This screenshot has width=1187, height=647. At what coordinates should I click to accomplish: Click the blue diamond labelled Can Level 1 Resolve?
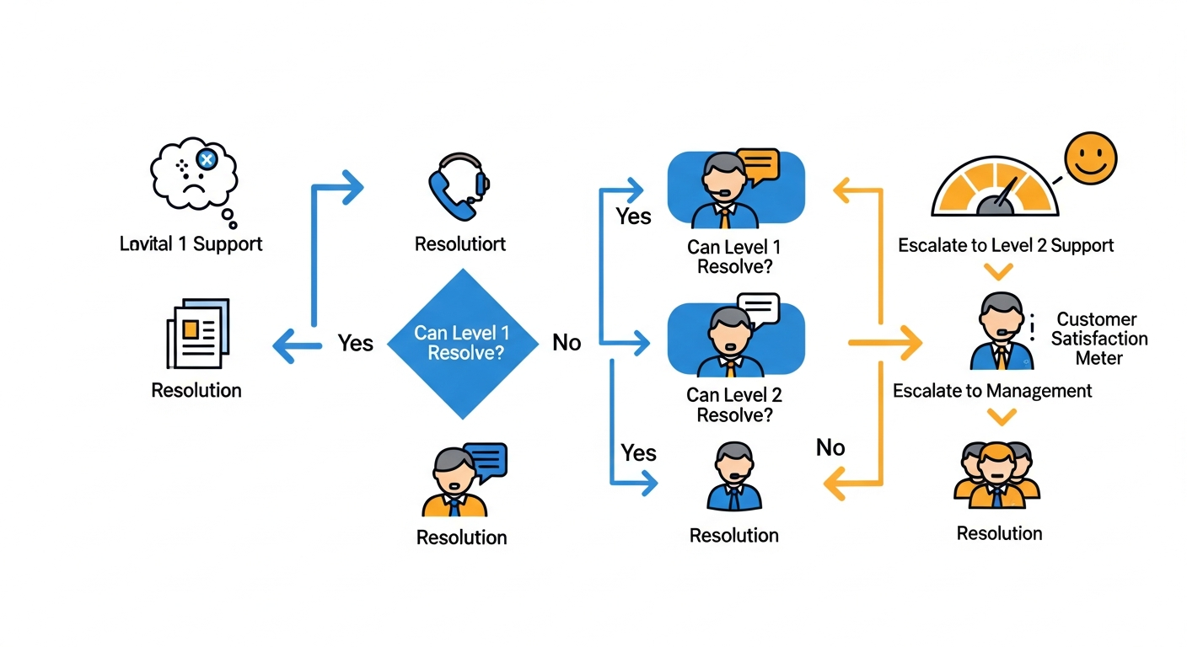click(x=462, y=343)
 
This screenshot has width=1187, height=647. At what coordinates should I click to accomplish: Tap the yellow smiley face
click(x=1090, y=159)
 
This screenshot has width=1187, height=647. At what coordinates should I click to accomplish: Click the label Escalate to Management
click(x=992, y=391)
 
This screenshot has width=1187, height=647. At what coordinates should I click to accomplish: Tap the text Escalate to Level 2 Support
click(x=1006, y=245)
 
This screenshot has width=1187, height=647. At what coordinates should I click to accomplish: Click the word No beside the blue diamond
click(x=567, y=343)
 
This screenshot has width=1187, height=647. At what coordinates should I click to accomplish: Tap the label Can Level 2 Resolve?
click(x=734, y=404)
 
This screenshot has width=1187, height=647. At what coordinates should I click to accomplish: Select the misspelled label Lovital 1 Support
click(x=191, y=244)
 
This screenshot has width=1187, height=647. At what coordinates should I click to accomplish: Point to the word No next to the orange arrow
click(x=830, y=447)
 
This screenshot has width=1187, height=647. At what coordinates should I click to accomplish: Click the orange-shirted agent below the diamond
click(x=454, y=484)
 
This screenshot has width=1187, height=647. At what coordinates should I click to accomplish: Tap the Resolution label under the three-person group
click(x=999, y=533)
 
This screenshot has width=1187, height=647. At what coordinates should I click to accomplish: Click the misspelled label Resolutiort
click(x=460, y=244)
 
